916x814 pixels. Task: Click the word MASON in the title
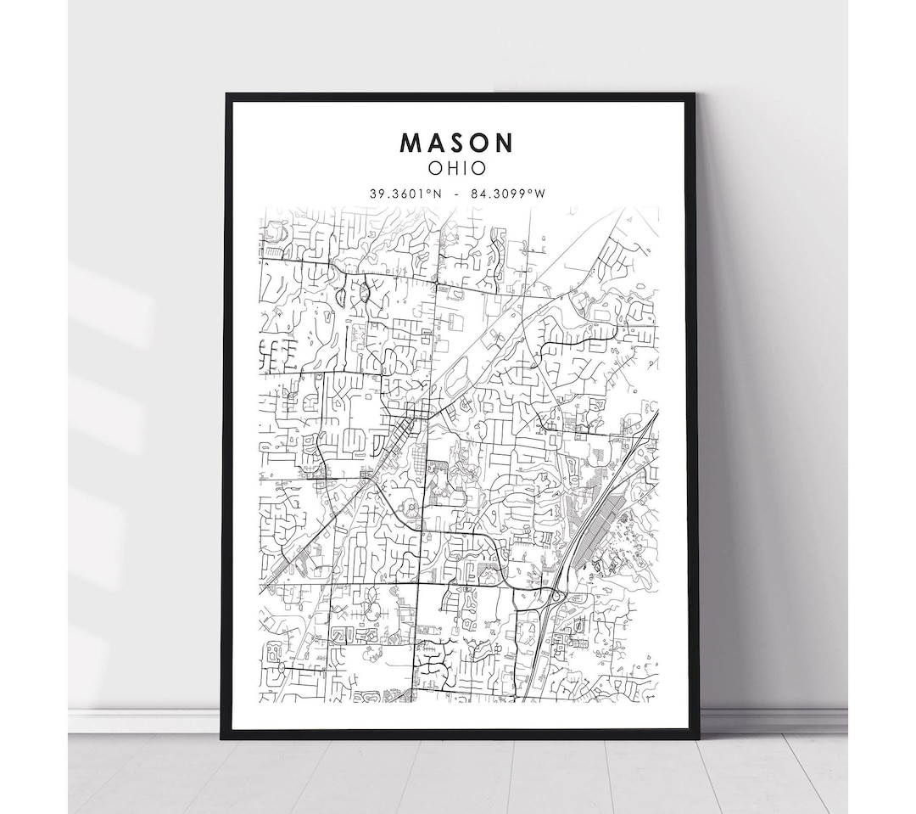click(x=457, y=141)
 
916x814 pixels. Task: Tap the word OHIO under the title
click(x=457, y=167)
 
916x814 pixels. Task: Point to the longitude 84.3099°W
click(x=510, y=194)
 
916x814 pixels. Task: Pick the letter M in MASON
click(x=411, y=141)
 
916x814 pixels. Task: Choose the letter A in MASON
click(x=435, y=141)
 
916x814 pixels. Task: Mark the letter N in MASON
click(x=505, y=141)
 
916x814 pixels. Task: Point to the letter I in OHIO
click(x=464, y=167)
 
